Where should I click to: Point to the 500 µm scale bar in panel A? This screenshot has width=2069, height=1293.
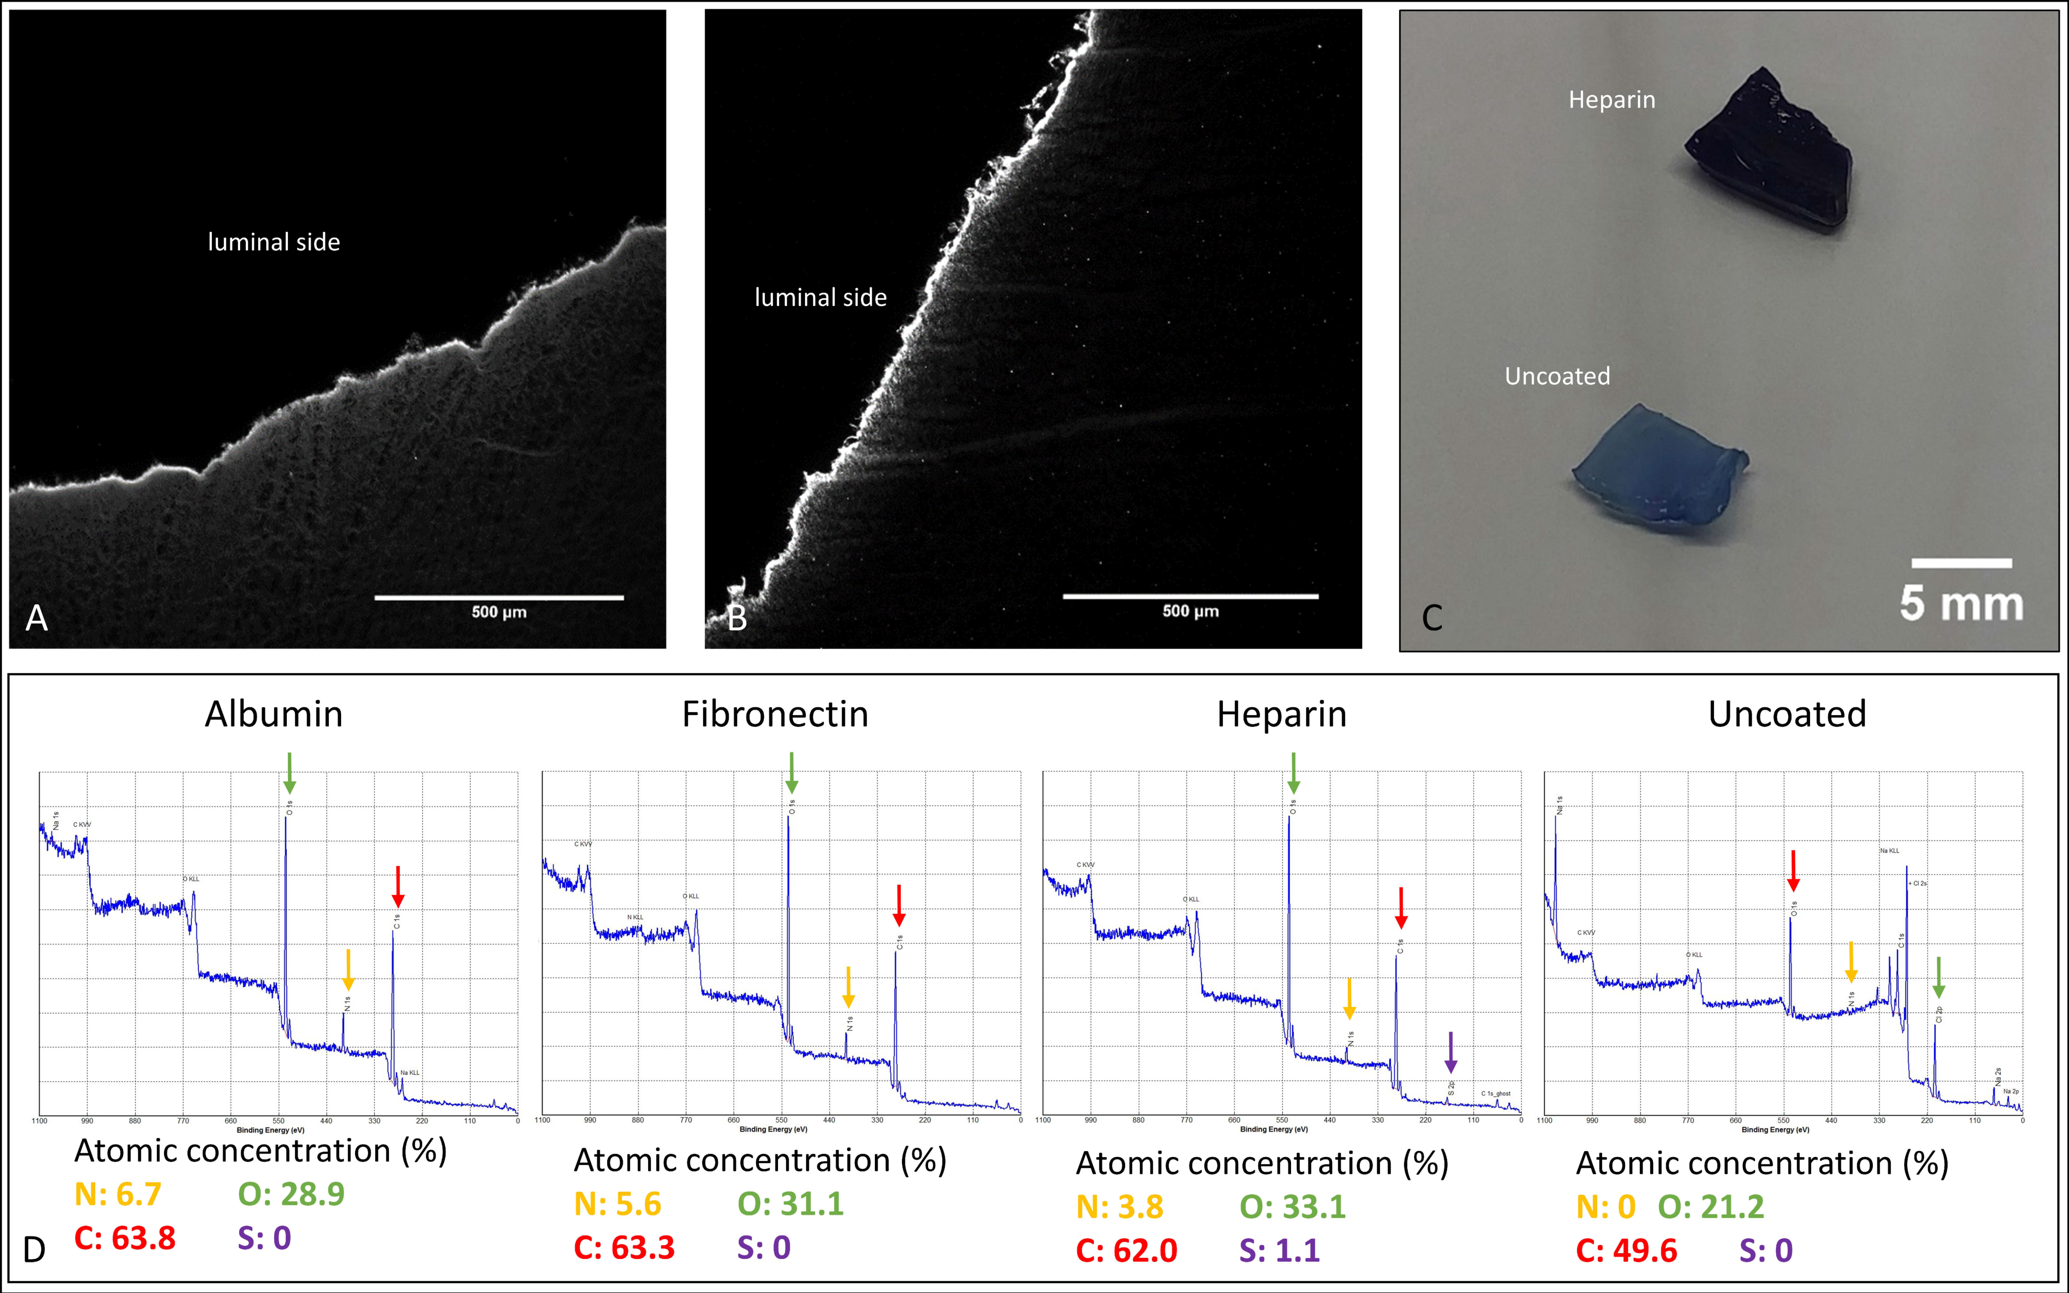(x=499, y=598)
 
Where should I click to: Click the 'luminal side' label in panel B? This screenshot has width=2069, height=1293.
(x=820, y=298)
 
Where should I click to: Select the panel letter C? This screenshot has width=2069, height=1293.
(x=1432, y=618)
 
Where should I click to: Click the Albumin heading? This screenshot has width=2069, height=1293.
(x=274, y=714)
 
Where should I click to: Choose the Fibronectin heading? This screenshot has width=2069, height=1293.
(x=775, y=714)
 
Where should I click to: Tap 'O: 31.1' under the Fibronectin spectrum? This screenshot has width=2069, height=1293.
(x=790, y=1204)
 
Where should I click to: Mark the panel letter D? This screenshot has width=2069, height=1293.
(x=34, y=1250)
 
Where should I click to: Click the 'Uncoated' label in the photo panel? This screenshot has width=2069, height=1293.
(x=1557, y=376)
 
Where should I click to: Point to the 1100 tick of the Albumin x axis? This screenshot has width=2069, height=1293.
(x=39, y=1120)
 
